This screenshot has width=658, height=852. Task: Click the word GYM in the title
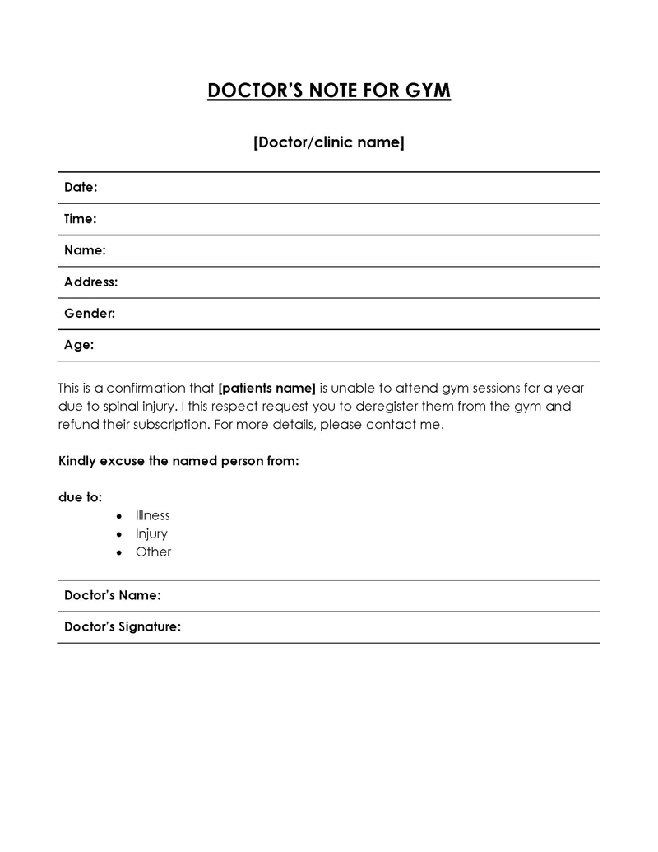click(429, 91)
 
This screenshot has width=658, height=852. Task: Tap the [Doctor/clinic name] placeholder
click(328, 142)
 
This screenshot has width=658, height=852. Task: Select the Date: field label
click(81, 188)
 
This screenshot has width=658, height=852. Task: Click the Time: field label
click(81, 219)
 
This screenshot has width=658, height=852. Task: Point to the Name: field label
click(85, 250)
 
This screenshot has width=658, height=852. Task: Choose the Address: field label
click(90, 282)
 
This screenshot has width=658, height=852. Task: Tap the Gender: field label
click(89, 314)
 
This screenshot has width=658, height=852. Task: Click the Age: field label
click(79, 345)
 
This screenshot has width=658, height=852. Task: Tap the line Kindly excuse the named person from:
click(178, 461)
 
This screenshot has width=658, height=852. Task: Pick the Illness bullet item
click(153, 515)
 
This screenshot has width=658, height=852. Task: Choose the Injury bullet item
click(151, 533)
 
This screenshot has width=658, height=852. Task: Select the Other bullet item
click(154, 552)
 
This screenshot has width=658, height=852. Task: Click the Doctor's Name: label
click(112, 595)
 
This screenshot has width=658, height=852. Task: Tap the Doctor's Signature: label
click(123, 627)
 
